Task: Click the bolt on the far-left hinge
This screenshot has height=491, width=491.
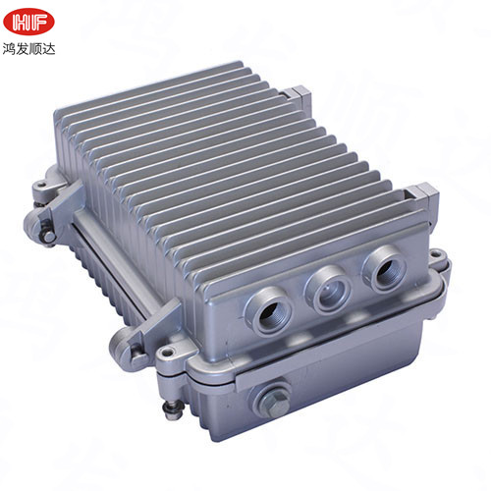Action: pyautogui.click(x=45, y=232)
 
